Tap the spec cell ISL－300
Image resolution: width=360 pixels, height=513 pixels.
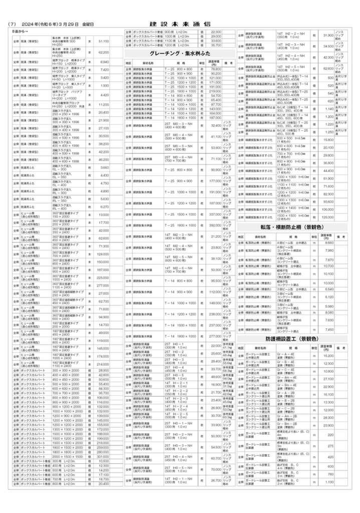[x=60, y=168]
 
